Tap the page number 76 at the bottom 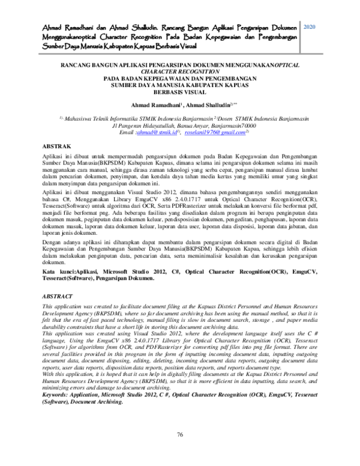(x=179, y=434)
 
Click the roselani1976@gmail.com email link (x=209, y=133)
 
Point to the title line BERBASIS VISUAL (x=179, y=93)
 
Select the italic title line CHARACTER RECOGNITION (x=179, y=70)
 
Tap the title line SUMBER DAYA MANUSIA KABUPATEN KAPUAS (x=179, y=85)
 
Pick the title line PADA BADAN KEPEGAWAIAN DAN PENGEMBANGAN (x=179, y=78)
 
